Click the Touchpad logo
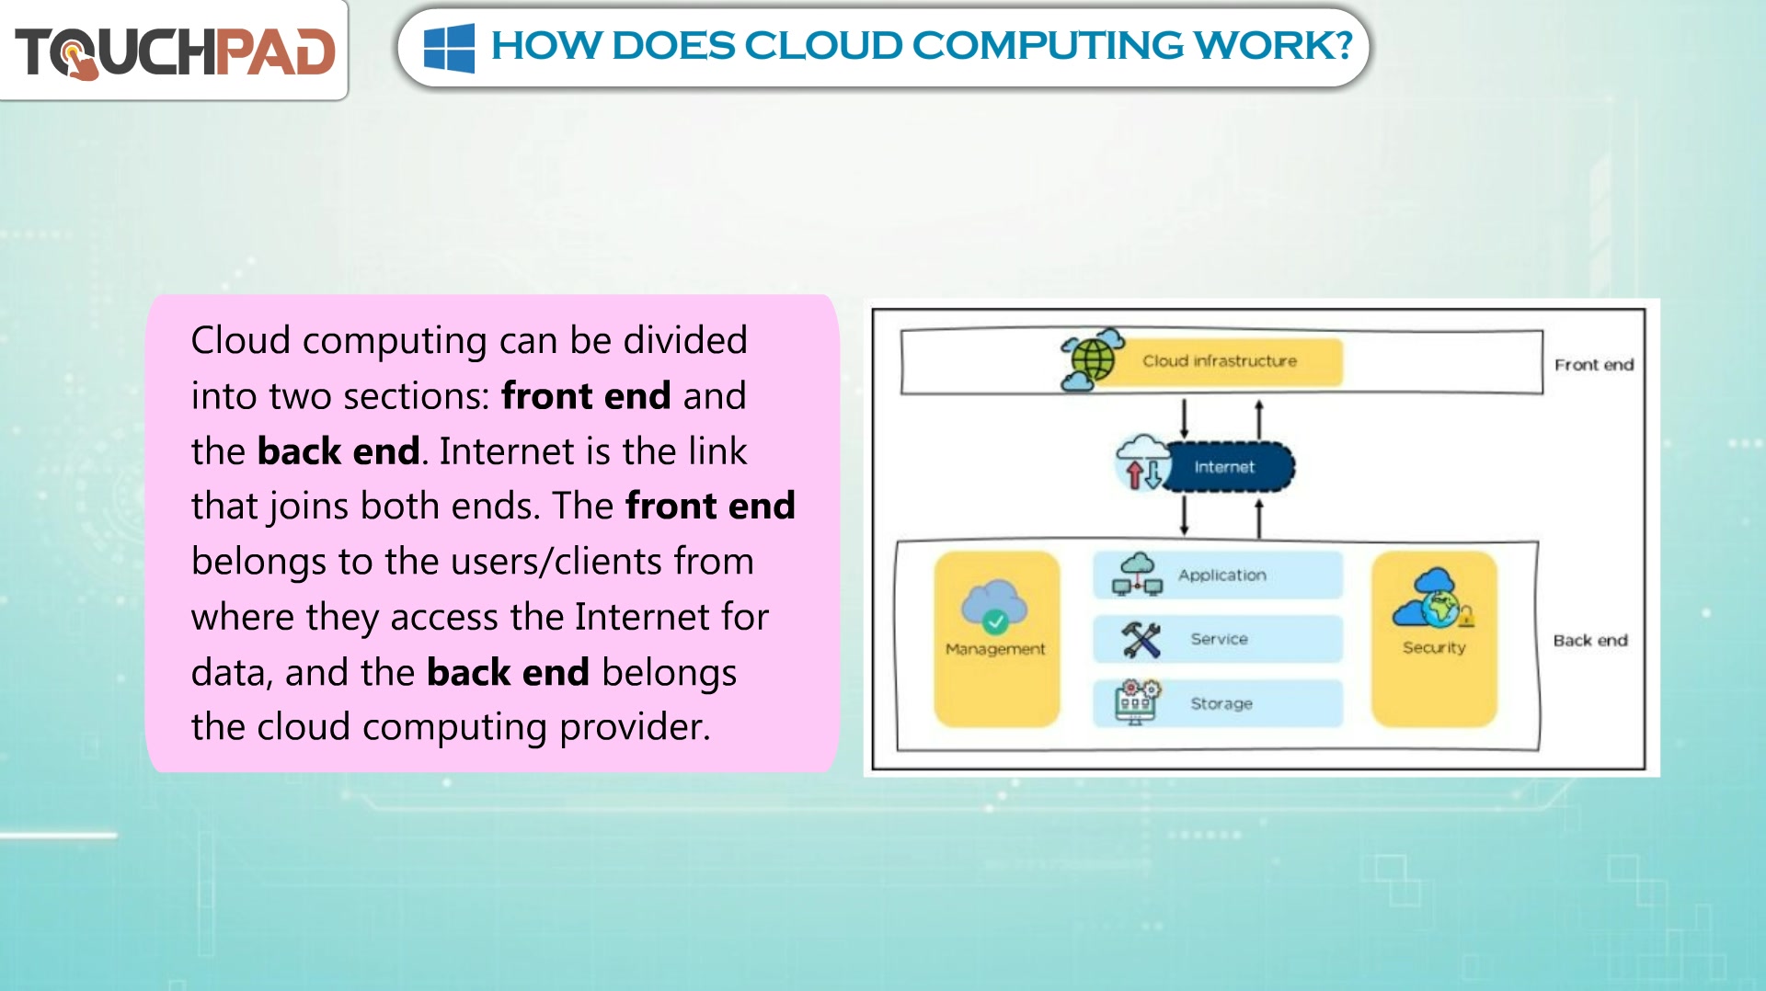[x=175, y=51]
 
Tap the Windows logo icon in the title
[x=449, y=48]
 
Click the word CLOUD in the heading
[x=823, y=46]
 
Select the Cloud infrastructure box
[x=1219, y=361]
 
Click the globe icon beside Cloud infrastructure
[x=1092, y=359]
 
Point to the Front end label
[x=1594, y=365]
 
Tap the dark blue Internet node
[x=1227, y=467]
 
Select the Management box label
[x=995, y=649]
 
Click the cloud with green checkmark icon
[x=993, y=607]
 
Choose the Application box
[x=1218, y=575]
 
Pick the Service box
[x=1218, y=639]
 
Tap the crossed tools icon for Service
[x=1141, y=640]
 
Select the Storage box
[x=1218, y=703]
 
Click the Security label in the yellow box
[x=1434, y=648]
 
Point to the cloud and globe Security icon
[x=1433, y=598]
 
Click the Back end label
[x=1590, y=641]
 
